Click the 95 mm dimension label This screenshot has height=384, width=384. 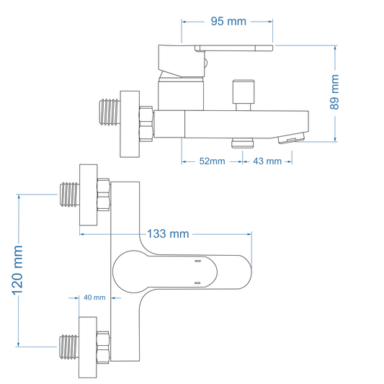(x=228, y=21)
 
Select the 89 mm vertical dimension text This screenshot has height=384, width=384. (x=334, y=92)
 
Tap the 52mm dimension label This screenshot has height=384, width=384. (x=212, y=161)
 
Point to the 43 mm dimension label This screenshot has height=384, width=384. (x=267, y=161)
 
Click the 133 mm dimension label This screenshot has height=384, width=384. (x=168, y=233)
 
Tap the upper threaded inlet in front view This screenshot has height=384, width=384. (x=69, y=195)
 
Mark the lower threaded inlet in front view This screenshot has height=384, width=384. (x=69, y=349)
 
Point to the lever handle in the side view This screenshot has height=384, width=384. (x=216, y=50)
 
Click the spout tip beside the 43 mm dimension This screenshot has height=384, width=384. (x=295, y=138)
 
